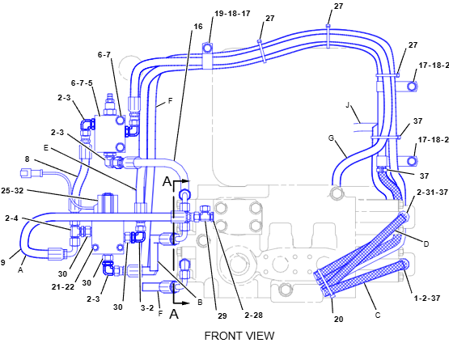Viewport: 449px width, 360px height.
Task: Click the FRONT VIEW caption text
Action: (x=239, y=336)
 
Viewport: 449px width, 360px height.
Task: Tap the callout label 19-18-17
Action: (x=232, y=14)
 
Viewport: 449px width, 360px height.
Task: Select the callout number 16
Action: (x=198, y=27)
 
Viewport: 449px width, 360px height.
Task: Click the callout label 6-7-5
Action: (x=82, y=83)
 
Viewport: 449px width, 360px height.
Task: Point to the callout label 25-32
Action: (x=12, y=190)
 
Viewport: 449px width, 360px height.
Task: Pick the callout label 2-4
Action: (x=11, y=218)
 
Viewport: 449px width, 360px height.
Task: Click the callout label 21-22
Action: (x=63, y=286)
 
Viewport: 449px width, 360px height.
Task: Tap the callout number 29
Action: (x=222, y=316)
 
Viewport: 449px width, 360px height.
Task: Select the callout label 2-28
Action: (x=254, y=315)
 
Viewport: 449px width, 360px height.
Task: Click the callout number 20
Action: (x=338, y=319)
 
